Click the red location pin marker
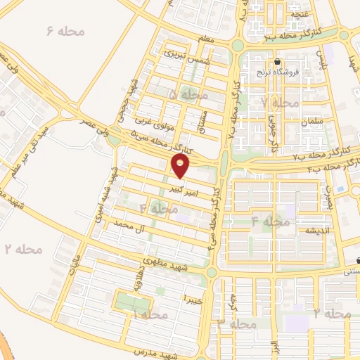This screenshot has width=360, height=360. (x=181, y=166)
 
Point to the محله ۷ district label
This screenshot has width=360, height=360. (x=275, y=103)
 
